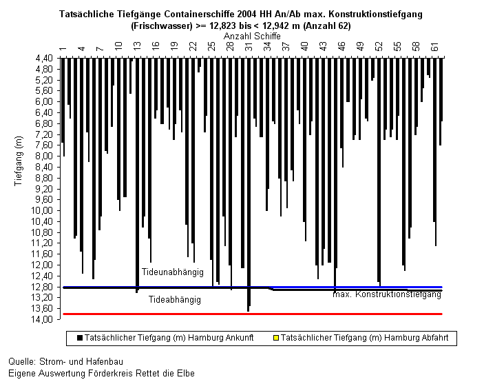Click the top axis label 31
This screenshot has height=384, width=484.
pyautogui.click(x=249, y=47)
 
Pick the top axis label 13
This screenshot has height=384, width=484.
pyautogui.click(x=137, y=46)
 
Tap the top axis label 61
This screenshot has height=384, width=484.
pyautogui.click(x=434, y=47)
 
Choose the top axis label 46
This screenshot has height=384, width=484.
pyautogui.click(x=341, y=46)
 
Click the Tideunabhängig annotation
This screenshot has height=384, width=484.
pyautogui.click(x=173, y=272)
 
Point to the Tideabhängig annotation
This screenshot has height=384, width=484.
pyautogui.click(x=175, y=300)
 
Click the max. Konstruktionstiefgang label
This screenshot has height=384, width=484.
pyautogui.click(x=387, y=294)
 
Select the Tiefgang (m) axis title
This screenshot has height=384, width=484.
pyautogui.click(x=19, y=161)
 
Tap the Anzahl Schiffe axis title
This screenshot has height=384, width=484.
pyautogui.click(x=252, y=36)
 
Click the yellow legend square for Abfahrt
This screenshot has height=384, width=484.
pyautogui.click(x=276, y=338)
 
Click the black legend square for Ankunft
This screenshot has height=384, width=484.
pyautogui.click(x=80, y=338)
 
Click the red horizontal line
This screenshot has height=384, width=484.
pyautogui.click(x=253, y=314)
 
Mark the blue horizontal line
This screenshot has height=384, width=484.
pyautogui.click(x=253, y=287)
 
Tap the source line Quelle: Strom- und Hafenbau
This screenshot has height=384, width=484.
pyautogui.click(x=65, y=361)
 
